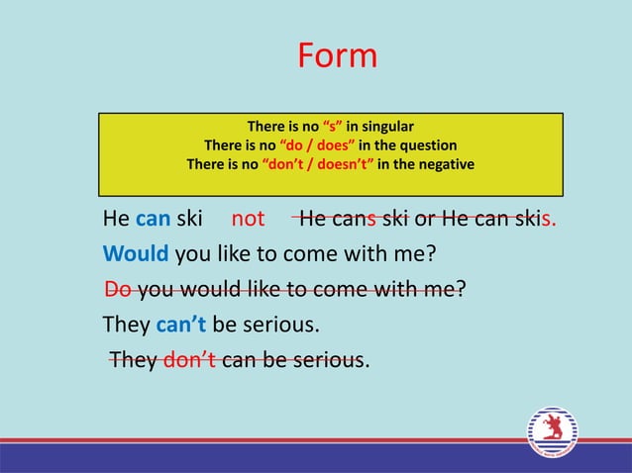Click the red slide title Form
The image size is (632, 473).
pyautogui.click(x=337, y=55)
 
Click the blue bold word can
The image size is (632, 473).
pyautogui.click(x=154, y=219)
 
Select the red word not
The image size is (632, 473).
pyautogui.click(x=248, y=219)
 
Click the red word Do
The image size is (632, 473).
pyautogui.click(x=118, y=290)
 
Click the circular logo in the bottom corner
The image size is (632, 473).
pyautogui.click(x=552, y=432)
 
